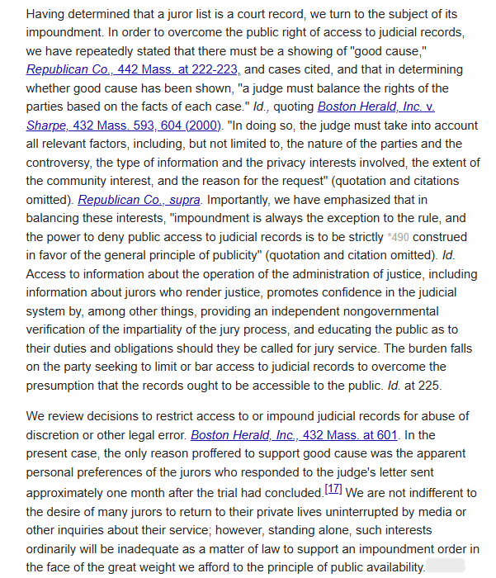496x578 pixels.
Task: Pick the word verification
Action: coord(59,329)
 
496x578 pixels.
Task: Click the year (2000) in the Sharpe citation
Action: coord(203,126)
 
